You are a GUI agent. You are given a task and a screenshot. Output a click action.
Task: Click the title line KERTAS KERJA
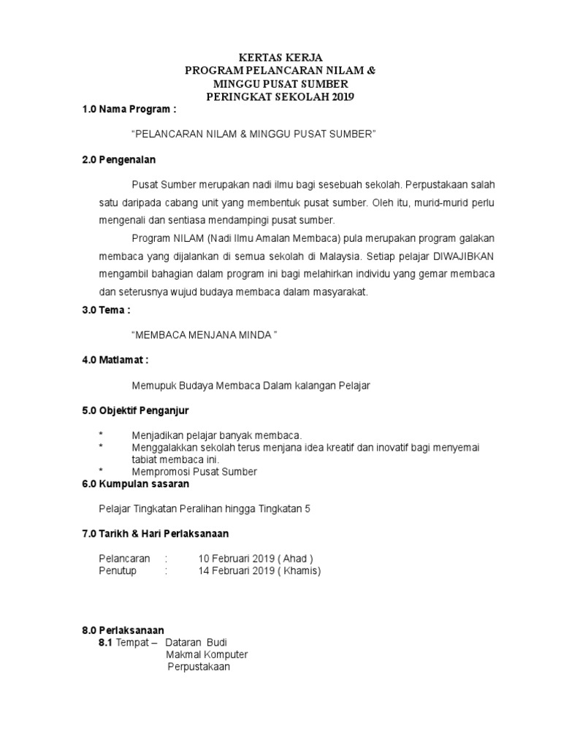tap(280, 57)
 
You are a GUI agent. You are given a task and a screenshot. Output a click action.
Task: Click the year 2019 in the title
tap(340, 96)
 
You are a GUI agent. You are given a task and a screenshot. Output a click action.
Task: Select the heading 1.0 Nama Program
tap(129, 110)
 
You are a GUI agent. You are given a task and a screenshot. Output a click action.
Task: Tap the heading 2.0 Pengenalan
tap(119, 160)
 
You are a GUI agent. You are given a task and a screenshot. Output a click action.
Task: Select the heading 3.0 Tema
tap(107, 310)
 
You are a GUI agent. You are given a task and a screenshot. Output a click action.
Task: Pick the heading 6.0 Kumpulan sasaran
tap(136, 484)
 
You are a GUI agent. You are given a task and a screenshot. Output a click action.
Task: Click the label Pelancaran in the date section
tap(124, 559)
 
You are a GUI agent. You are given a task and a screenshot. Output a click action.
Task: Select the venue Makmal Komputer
tap(207, 654)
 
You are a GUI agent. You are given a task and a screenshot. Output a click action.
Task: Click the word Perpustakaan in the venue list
tap(199, 667)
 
